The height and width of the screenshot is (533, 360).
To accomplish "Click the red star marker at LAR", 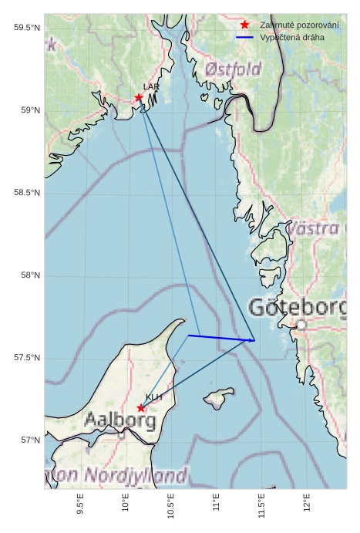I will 139,97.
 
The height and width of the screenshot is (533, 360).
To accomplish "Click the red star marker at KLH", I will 141,408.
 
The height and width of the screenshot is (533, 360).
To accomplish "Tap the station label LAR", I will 150,87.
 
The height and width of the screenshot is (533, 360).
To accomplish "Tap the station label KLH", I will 154,397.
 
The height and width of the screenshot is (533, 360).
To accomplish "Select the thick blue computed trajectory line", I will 220,338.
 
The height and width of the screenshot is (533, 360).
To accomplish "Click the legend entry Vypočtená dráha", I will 292,37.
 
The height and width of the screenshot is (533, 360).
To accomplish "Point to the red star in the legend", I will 244,25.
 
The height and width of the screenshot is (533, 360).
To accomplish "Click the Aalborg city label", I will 120,421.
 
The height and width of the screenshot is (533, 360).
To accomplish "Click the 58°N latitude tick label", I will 29,275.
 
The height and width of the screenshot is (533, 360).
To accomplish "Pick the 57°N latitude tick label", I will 29,440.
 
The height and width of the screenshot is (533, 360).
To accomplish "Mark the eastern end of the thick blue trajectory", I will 254,340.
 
